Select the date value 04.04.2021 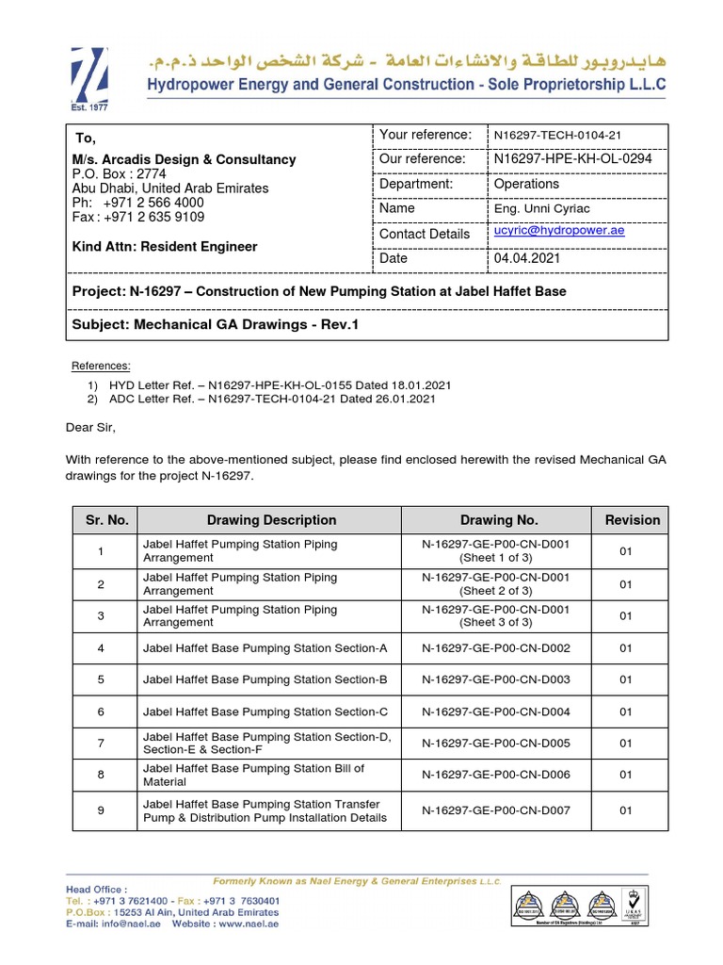(x=526, y=258)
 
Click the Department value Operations (x=526, y=184)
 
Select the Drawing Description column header (x=271, y=520)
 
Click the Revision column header (x=632, y=520)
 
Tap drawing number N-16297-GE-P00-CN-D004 (x=496, y=711)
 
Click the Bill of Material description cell (x=253, y=775)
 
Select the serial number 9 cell (x=101, y=810)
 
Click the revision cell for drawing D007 (x=626, y=810)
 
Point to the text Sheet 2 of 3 (x=495, y=591)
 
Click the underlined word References (x=102, y=366)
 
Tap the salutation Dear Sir (x=90, y=427)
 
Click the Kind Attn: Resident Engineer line (x=165, y=247)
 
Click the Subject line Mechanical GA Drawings (x=216, y=324)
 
